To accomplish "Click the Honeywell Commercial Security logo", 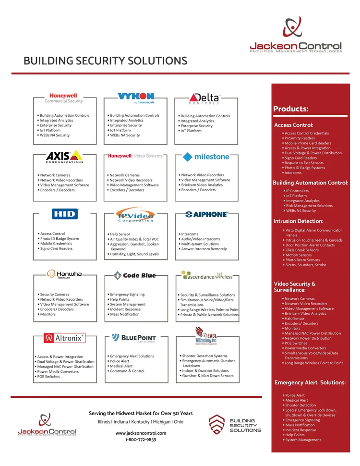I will (63, 98).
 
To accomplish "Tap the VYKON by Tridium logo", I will (136, 98).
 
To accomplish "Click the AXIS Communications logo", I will (65, 157).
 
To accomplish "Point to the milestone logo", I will (205, 157).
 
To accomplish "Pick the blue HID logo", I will (65, 214).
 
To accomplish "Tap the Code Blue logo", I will (135, 275).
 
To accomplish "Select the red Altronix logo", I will (64, 338).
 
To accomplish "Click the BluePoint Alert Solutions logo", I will (134, 338).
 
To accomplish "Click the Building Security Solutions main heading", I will (105, 61).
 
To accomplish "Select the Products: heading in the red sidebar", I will (290, 109).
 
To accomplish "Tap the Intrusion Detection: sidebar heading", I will (298, 221).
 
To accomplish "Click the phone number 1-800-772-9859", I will (141, 440).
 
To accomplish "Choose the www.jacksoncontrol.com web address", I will (141, 433).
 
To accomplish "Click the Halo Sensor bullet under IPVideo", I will (120, 234).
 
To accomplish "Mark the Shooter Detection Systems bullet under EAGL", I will (204, 356).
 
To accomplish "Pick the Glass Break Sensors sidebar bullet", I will (301, 250).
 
